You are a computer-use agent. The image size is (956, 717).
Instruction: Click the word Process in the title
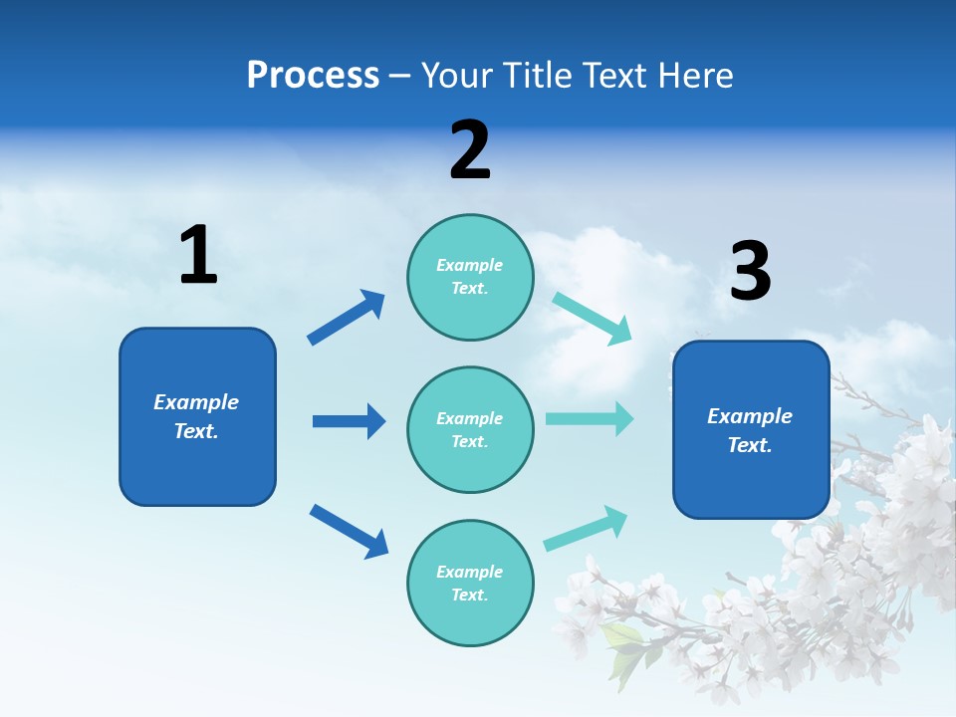tap(313, 75)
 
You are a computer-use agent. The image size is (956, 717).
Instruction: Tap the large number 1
tap(197, 255)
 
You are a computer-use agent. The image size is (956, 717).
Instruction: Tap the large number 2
tap(470, 150)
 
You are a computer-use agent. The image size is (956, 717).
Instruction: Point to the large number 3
tap(750, 271)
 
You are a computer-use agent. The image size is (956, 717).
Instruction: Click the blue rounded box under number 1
tap(197, 416)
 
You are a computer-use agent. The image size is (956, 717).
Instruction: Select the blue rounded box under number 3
tap(751, 430)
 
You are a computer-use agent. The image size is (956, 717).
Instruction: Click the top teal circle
tap(470, 277)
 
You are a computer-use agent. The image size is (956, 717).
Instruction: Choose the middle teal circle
tap(470, 429)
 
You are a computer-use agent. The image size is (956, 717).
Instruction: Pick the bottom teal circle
tap(470, 583)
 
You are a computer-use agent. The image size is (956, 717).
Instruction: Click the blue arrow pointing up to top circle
tap(346, 318)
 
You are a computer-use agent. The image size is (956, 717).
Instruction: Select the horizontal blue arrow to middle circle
tap(349, 421)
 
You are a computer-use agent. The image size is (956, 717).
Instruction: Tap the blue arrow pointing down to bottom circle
tap(349, 531)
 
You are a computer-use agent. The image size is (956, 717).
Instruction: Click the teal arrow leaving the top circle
tap(592, 318)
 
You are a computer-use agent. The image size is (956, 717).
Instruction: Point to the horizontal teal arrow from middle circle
tap(590, 418)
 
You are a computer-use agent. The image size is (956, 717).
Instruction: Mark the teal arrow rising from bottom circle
tap(586, 529)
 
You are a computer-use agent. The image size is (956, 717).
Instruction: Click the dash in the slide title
tap(400, 76)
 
